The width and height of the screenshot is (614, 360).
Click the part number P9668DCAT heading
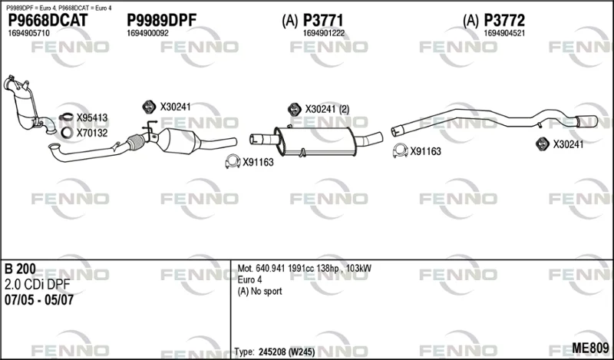pyautogui.click(x=48, y=21)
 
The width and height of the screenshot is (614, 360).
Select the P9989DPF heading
pyautogui.click(x=161, y=21)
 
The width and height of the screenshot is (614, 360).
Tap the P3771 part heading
pyautogui.click(x=323, y=21)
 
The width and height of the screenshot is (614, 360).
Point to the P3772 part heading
pyautogui.click(x=504, y=21)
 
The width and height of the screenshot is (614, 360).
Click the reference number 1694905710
pyautogui.click(x=28, y=33)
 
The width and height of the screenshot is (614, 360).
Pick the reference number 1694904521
pyautogui.click(x=504, y=33)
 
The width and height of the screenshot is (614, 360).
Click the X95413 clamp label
pyautogui.click(x=92, y=118)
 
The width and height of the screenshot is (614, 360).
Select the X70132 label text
pyautogui.click(x=92, y=134)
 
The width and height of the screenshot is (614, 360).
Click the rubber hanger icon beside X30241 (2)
pyautogui.click(x=295, y=110)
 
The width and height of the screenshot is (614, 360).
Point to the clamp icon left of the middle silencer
pyautogui.click(x=233, y=161)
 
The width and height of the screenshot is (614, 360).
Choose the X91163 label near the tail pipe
pyautogui.click(x=426, y=151)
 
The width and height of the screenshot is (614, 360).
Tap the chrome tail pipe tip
pyautogui.click(x=586, y=121)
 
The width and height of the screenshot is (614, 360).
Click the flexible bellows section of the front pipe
pyautogui.click(x=136, y=142)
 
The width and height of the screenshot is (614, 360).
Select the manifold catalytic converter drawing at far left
pyautogui.click(x=25, y=103)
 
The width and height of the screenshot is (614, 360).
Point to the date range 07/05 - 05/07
pyautogui.click(x=39, y=300)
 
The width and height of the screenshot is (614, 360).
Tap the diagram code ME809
pyautogui.click(x=590, y=348)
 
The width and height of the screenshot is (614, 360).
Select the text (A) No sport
pyautogui.click(x=259, y=292)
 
